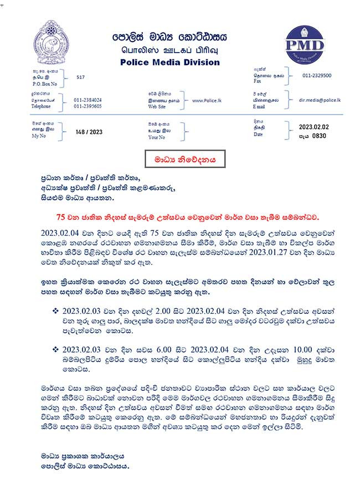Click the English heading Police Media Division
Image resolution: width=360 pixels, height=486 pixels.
coord(170,62)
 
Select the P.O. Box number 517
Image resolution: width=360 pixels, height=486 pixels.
coord(81,78)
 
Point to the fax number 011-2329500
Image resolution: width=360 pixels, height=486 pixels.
coord(317,75)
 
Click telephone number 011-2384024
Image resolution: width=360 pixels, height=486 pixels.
coord(88,100)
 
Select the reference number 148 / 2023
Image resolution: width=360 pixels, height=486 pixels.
coord(89,132)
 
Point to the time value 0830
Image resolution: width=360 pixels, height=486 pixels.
coord(320,135)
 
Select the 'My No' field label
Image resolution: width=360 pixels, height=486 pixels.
coord(39,136)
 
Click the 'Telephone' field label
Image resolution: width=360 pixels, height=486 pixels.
coord(42,106)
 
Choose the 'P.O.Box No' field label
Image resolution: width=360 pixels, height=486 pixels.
coord(44,84)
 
